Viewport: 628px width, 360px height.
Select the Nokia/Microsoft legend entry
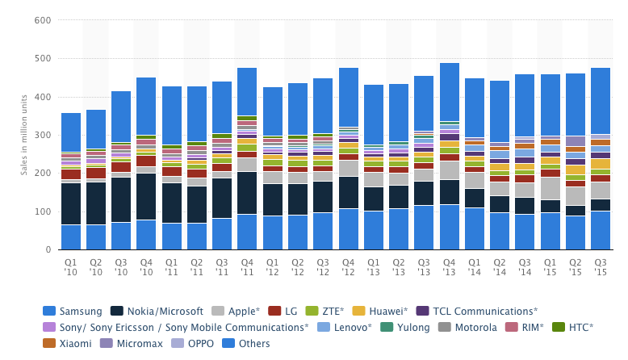(x=163, y=311)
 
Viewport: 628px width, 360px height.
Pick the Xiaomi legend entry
(x=72, y=343)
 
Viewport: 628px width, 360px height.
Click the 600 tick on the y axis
(x=43, y=20)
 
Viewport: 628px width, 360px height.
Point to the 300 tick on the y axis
(x=43, y=135)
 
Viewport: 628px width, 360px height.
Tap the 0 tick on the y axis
(x=49, y=249)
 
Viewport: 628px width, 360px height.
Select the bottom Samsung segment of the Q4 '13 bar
(x=449, y=227)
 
